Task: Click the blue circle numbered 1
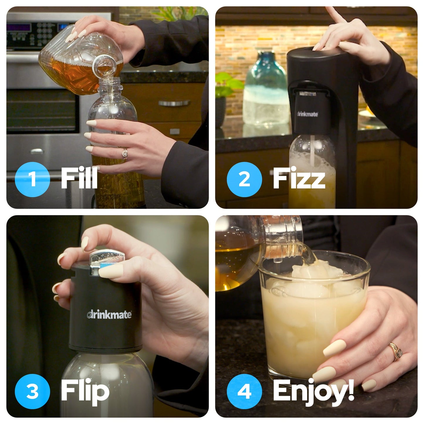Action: point(32,179)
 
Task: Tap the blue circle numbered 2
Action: point(244,179)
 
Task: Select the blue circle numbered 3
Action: point(32,391)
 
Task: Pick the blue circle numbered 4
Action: point(244,391)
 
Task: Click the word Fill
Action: point(79,178)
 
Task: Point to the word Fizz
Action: point(299,178)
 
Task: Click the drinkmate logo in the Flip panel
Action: point(109,315)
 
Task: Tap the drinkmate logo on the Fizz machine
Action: point(307,114)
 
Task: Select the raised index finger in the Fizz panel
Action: point(333,16)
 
